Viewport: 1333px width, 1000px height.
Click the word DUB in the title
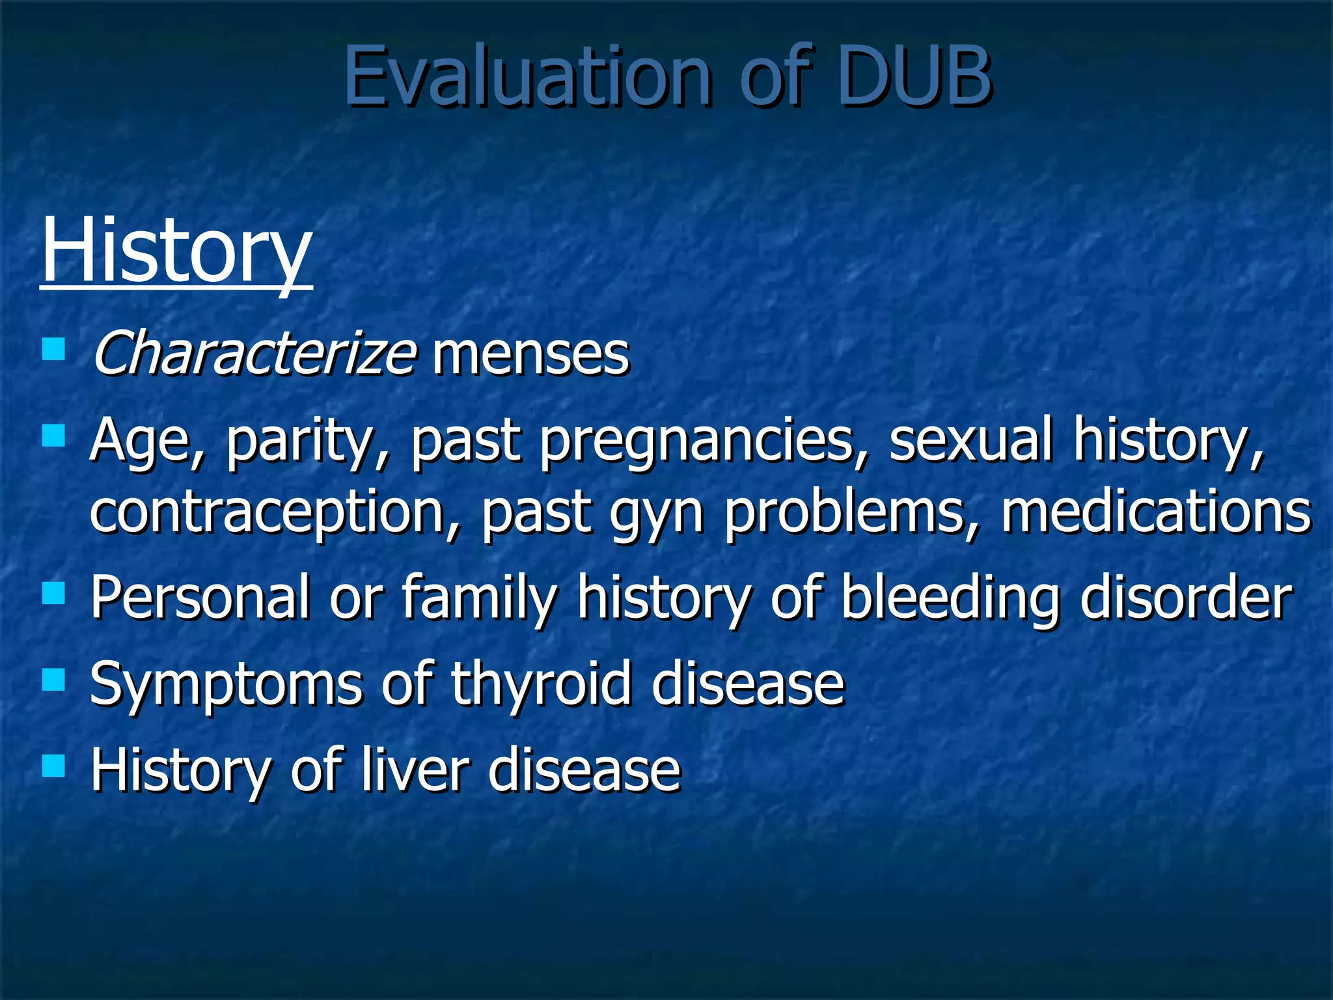tap(914, 77)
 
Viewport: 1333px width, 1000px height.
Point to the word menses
tap(530, 357)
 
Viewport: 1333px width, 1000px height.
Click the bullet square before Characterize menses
tap(53, 349)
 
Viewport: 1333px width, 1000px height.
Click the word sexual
tap(970, 439)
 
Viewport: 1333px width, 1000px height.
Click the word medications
tap(1155, 511)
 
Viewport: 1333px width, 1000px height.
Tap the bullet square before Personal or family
tap(53, 593)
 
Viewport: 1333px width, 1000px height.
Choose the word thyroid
tap(541, 685)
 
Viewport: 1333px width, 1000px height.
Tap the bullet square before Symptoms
tap(53, 680)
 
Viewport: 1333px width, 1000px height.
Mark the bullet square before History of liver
tap(53, 766)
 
